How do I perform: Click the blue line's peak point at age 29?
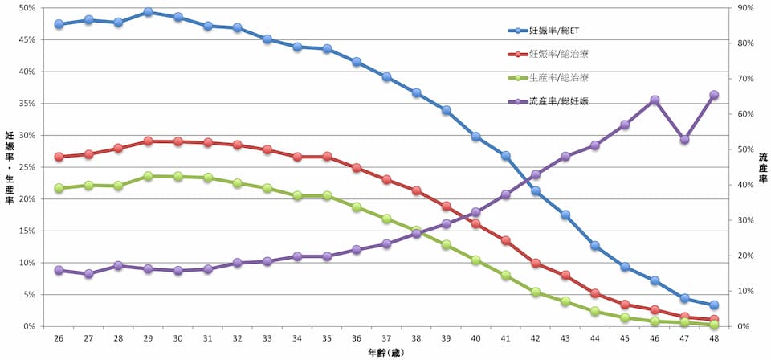point(148,12)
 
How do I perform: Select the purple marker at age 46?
point(655,100)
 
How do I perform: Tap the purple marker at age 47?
point(684,139)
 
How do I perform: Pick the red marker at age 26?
point(59,157)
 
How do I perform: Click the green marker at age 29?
point(148,176)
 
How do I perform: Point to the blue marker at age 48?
point(714,305)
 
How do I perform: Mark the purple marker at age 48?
point(714,95)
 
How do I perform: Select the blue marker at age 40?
point(475,137)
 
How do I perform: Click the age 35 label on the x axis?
point(327,340)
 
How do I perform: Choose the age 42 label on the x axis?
point(535,340)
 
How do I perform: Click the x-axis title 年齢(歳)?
point(386,353)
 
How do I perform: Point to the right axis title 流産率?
point(762,167)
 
